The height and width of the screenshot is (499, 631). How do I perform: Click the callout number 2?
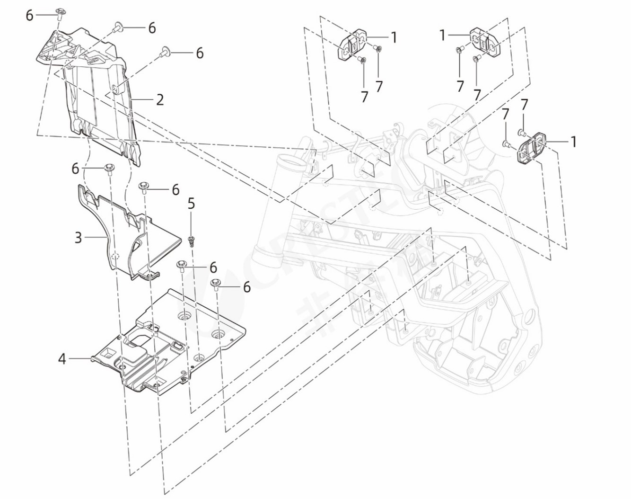point(159,100)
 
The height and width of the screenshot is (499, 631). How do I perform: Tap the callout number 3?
point(79,237)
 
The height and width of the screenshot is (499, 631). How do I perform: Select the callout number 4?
point(62,359)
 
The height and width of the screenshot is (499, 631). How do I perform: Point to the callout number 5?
point(191,204)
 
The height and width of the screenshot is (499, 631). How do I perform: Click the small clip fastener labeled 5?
point(192,241)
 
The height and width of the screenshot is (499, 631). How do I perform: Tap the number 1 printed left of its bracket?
point(442,35)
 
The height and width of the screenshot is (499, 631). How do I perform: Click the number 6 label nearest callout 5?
point(213,268)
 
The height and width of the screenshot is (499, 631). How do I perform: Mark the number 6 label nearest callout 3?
point(76,168)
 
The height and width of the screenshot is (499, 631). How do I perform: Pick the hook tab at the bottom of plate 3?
point(151,274)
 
